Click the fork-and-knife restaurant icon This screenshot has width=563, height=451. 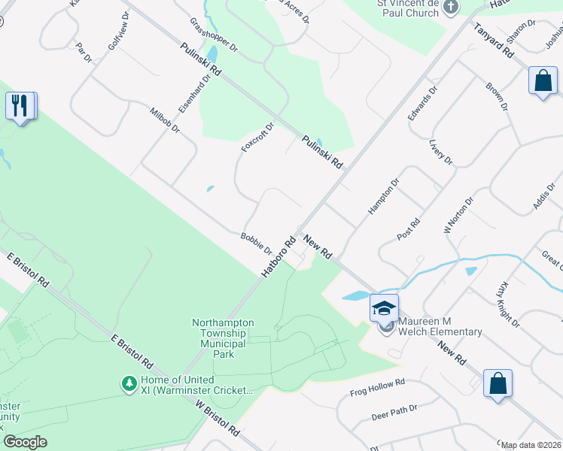pyautogui.click(x=21, y=105)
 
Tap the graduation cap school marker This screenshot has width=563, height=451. pyautogui.click(x=384, y=307)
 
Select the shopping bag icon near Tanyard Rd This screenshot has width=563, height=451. pyautogui.click(x=543, y=80)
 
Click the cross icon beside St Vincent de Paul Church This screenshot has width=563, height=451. pyautogui.click(x=451, y=8)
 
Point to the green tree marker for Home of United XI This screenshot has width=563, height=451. pyautogui.click(x=129, y=384)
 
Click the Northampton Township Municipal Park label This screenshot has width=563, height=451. pyautogui.click(x=223, y=338)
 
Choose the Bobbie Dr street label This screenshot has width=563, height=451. pyautogui.click(x=256, y=243)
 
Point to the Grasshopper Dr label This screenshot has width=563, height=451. pyautogui.click(x=214, y=35)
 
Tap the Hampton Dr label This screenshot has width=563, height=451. pyautogui.click(x=383, y=197)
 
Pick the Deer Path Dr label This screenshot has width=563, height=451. pyautogui.click(x=394, y=412)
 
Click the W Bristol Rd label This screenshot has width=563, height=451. pyautogui.click(x=217, y=419)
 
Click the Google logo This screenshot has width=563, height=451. pyautogui.click(x=25, y=441)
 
